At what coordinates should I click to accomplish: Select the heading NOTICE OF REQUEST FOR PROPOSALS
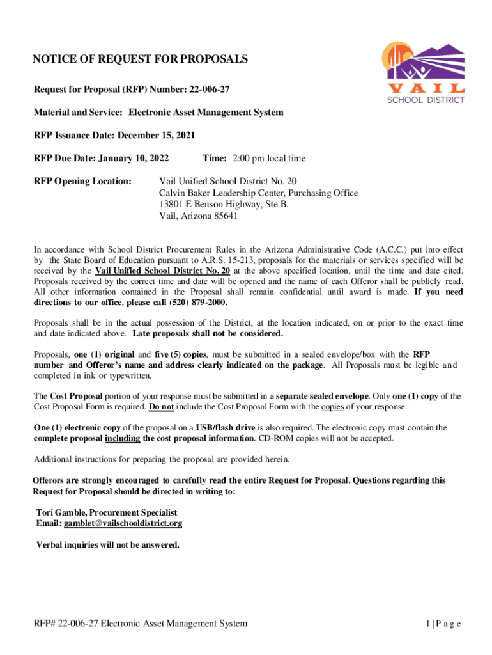tap(140, 60)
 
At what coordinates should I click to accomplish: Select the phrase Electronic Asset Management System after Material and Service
tap(206, 112)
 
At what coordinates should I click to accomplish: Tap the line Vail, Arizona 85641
tap(198, 216)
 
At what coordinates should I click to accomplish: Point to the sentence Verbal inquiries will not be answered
tap(108, 545)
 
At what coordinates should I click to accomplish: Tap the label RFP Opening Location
tap(82, 181)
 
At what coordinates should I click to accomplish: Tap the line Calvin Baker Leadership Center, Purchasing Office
tap(258, 193)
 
